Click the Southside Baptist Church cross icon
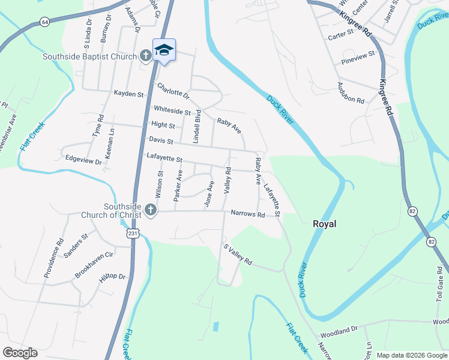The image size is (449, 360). (x=145, y=56)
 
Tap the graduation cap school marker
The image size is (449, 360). (x=164, y=50)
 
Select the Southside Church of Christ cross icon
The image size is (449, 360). (x=150, y=211)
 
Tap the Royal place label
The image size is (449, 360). (x=325, y=224)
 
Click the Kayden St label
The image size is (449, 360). (x=129, y=94)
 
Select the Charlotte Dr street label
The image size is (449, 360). (x=173, y=91)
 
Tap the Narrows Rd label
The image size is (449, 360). (x=248, y=214)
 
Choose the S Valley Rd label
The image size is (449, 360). (x=238, y=254)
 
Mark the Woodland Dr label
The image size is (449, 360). (x=339, y=330)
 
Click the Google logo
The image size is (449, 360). (x=20, y=353)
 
